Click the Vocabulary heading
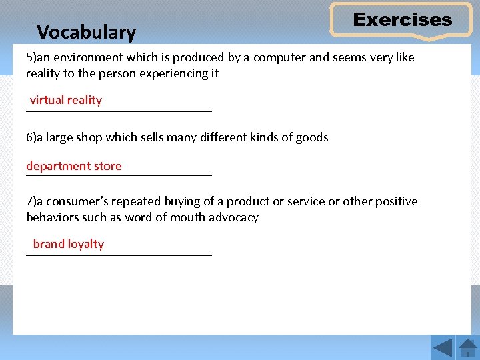click(x=86, y=32)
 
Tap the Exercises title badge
click(x=402, y=20)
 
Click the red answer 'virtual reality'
click(x=66, y=100)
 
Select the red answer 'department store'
click(x=74, y=166)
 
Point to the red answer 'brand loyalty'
click(x=69, y=244)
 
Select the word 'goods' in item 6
click(x=312, y=137)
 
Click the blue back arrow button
click(x=443, y=347)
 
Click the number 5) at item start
click(x=31, y=57)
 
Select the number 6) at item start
click(x=31, y=137)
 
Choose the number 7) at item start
click(x=31, y=201)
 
